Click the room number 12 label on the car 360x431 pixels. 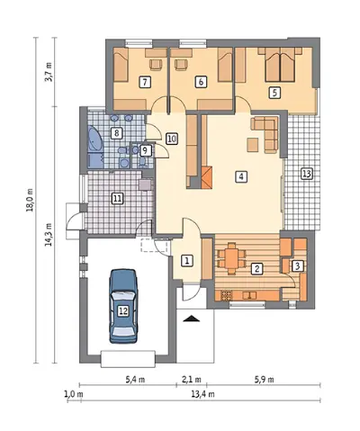[x=123, y=311]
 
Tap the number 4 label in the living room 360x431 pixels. [x=241, y=176]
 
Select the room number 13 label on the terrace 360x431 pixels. [x=307, y=174]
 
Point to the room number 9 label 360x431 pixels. [x=145, y=150]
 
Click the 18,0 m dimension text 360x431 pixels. [x=31, y=201]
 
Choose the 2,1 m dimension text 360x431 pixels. [x=192, y=380]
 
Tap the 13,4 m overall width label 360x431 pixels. [x=202, y=394]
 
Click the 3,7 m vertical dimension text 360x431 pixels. [x=49, y=72]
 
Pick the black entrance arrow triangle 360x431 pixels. [x=192, y=319]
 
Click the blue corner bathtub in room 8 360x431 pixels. [x=95, y=139]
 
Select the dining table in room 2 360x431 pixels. [x=231, y=258]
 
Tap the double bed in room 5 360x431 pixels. [x=280, y=65]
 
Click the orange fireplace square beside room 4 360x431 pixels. [x=207, y=177]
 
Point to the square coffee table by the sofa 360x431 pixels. [x=253, y=145]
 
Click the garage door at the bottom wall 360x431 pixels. [x=128, y=359]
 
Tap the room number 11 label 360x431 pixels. [x=117, y=198]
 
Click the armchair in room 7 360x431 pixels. [x=156, y=65]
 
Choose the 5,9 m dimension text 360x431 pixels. [x=265, y=380]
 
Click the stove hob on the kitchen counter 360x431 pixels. [x=227, y=295]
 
